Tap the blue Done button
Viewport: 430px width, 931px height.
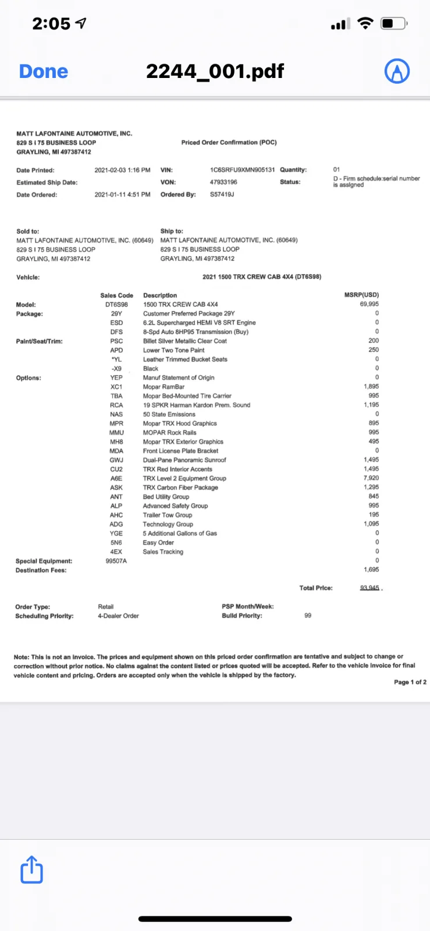[x=44, y=72]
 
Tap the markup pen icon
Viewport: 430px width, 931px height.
[x=397, y=71]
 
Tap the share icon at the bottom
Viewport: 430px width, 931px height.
[x=31, y=870]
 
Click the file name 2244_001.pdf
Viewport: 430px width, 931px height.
[x=215, y=72]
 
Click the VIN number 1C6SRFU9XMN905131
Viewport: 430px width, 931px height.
[x=242, y=170]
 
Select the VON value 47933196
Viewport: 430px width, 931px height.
[x=223, y=182]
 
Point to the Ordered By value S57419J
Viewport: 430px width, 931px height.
[x=222, y=194]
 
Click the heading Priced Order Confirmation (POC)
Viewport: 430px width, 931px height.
[x=229, y=143]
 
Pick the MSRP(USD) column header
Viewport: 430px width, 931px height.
[x=361, y=295]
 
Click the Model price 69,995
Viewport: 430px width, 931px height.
[x=369, y=304]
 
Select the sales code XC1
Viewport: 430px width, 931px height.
[x=116, y=387]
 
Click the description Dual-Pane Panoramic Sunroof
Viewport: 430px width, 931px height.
[x=184, y=460]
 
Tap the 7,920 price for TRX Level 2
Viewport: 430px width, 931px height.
[x=371, y=478]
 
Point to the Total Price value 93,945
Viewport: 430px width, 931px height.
[x=369, y=588]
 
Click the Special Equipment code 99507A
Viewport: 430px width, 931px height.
[x=116, y=561]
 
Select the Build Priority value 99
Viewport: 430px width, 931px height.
[x=308, y=615]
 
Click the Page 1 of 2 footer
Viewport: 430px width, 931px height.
[x=410, y=682]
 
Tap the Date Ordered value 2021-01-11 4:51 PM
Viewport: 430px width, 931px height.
[x=122, y=194]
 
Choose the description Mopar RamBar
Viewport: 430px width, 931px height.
[x=164, y=387]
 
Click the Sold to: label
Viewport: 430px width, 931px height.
[x=28, y=231]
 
